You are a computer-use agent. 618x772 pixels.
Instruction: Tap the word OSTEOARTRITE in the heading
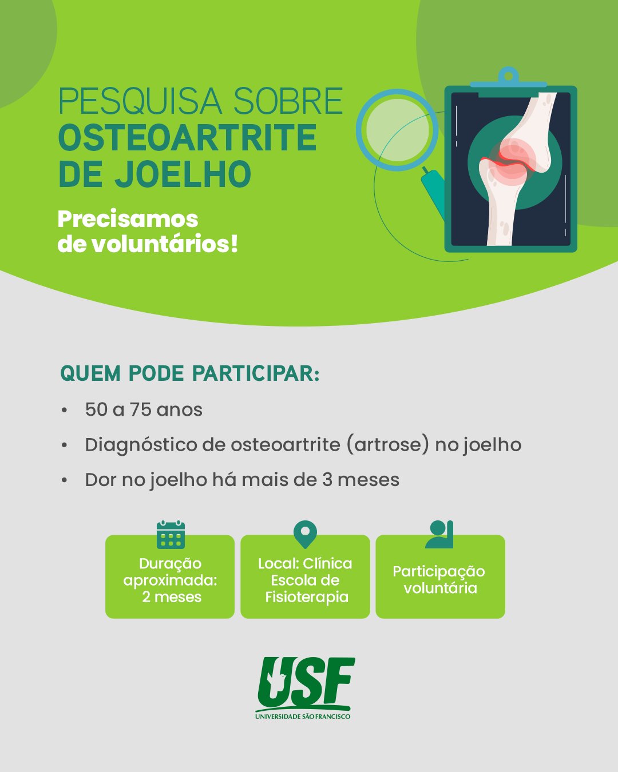pyautogui.click(x=188, y=138)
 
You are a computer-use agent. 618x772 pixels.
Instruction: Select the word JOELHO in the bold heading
pyautogui.click(x=183, y=174)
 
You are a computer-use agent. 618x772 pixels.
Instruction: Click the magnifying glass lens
pyautogui.click(x=398, y=130)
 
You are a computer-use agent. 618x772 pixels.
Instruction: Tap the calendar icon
pyautogui.click(x=171, y=535)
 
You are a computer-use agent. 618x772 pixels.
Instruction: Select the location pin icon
pyautogui.click(x=305, y=534)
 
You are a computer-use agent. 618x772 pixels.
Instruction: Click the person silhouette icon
pyautogui.click(x=439, y=534)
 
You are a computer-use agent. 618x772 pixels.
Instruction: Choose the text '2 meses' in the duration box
pyautogui.click(x=172, y=597)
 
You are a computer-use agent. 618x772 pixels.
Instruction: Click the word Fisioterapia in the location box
pyautogui.click(x=307, y=597)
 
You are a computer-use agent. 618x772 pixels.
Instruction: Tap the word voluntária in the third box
pyautogui.click(x=440, y=588)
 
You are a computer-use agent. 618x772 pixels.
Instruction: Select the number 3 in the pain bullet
pyautogui.click(x=327, y=480)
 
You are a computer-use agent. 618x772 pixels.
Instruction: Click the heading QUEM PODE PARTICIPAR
pyautogui.click(x=189, y=373)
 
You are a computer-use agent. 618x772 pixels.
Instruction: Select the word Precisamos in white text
pyautogui.click(x=128, y=220)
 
